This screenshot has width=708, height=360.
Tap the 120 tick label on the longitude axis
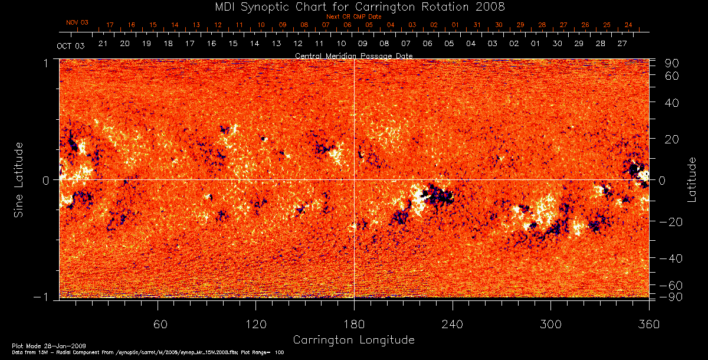255,324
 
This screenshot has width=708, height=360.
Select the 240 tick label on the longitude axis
453,324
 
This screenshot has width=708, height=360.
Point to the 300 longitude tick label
550,324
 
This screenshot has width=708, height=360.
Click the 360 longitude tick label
649,324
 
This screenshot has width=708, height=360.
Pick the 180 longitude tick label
354,324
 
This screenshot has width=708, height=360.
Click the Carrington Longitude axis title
354,340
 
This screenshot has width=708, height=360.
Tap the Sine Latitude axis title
19,179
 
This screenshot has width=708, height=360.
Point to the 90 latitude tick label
674,63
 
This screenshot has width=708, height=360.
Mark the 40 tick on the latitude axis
674,103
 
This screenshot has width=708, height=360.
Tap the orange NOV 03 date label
77,22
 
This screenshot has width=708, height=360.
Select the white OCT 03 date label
70,46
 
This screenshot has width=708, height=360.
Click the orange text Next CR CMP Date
354,17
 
